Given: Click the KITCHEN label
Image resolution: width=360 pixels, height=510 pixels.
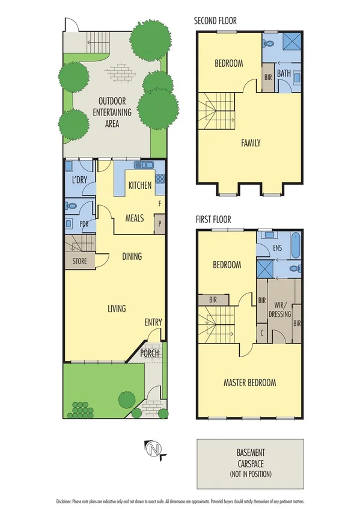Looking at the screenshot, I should click(140, 185).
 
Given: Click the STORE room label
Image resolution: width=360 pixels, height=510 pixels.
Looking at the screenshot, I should click(80, 261).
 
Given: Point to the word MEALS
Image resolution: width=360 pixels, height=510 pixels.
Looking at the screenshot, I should click(134, 218).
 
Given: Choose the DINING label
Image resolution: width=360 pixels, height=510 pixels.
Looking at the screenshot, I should click(132, 257).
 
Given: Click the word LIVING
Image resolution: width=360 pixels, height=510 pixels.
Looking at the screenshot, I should click(117, 309).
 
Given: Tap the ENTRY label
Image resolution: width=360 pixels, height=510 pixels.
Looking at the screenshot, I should click(153, 322).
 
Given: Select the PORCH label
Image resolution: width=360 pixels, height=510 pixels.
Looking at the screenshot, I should click(150, 353).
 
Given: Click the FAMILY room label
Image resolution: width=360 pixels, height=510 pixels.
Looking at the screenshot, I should click(251, 143).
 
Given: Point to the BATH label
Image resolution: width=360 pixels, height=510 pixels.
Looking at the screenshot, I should click(284, 74).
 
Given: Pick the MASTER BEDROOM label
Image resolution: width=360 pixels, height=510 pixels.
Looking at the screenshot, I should click(249, 382).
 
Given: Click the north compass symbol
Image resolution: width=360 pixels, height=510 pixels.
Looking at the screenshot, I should click(155, 449).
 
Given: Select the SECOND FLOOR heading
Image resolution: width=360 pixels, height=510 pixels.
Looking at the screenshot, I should click(215, 21).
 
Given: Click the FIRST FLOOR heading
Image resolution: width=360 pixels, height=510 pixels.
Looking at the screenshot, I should click(213, 220).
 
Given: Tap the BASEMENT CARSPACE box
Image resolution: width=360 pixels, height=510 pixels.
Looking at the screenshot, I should click(250, 462).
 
